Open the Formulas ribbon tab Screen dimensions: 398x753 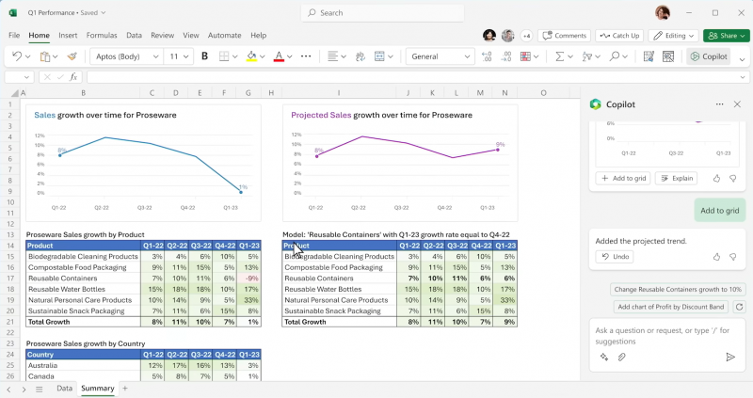coord(102,36)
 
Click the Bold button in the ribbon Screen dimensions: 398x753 coord(205,56)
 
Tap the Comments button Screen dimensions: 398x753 coord(565,36)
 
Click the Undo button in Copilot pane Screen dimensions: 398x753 coord(615,257)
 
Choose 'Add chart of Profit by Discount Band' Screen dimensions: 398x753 coord(671,307)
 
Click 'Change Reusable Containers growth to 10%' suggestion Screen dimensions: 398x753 coord(678,290)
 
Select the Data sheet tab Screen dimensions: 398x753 coord(64,389)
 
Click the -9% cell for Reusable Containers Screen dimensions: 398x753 coord(249,279)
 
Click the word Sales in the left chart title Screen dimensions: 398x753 coord(45,115)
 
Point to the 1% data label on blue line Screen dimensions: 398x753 coord(243,187)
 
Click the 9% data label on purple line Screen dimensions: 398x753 coord(500,145)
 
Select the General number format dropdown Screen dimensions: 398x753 coord(439,56)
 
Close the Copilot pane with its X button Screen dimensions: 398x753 coord(737,104)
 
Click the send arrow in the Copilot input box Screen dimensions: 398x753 coord(730,358)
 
